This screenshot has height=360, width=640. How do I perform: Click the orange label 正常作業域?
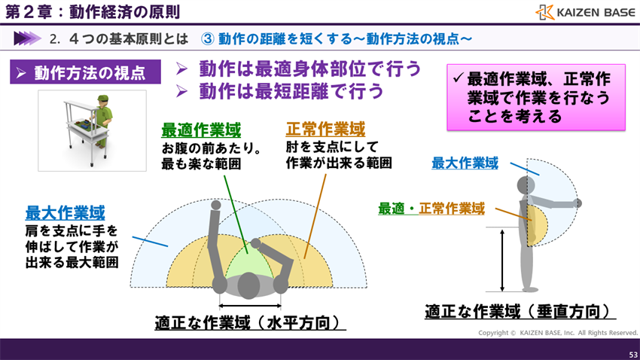(x=326, y=129)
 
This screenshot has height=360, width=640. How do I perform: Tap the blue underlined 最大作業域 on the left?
(x=65, y=212)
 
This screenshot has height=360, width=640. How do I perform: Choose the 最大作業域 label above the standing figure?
(x=465, y=163)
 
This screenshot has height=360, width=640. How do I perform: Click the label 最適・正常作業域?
(x=431, y=208)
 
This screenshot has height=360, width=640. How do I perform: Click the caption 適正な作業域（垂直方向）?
(x=517, y=311)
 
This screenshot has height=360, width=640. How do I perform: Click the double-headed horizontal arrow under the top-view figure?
(x=250, y=306)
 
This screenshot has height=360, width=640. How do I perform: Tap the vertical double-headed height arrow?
(x=502, y=260)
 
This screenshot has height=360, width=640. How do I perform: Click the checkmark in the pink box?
(x=458, y=78)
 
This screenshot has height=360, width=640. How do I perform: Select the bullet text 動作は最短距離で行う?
(x=290, y=92)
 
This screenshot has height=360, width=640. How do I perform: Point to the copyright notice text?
(x=558, y=332)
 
